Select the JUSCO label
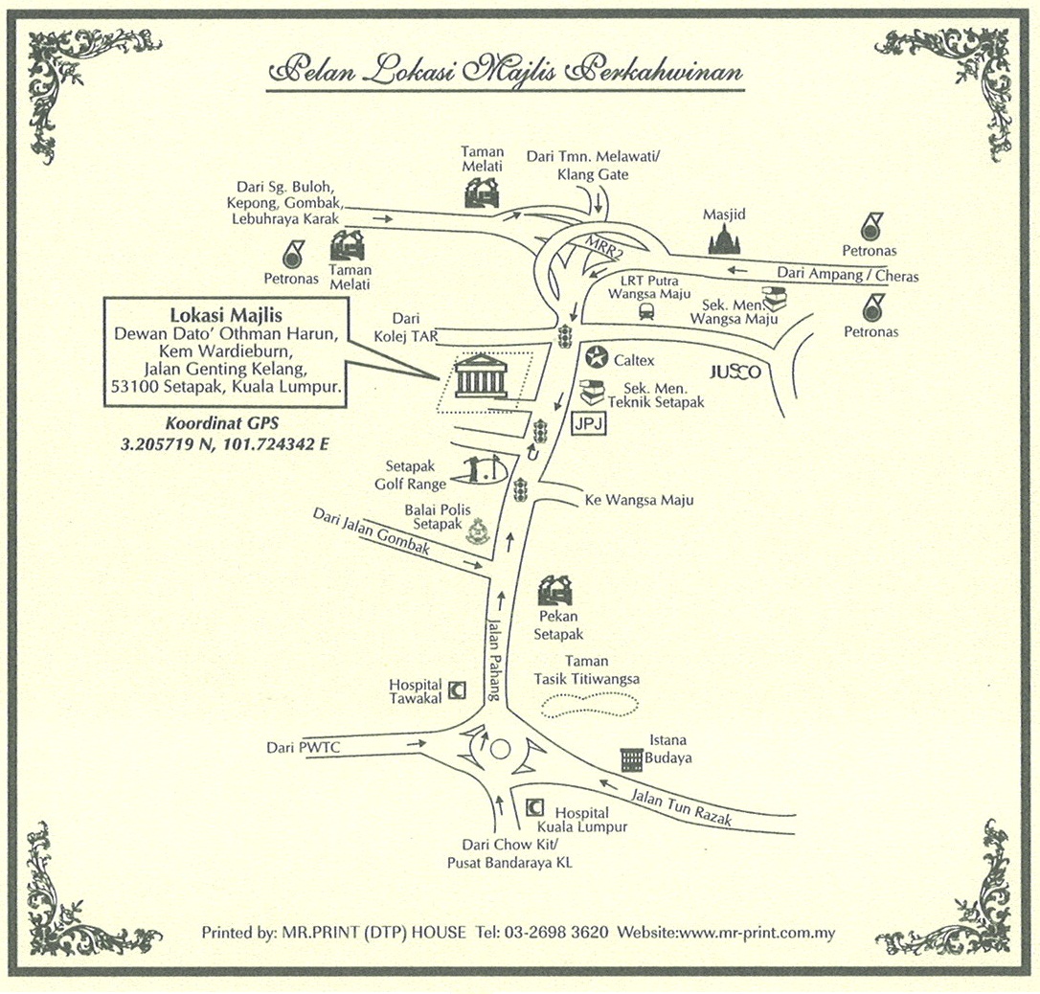tap(735, 372)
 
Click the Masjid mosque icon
tap(724, 239)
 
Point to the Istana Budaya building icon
tap(630, 760)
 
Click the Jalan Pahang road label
tap(494, 662)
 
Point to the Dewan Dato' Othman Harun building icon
tap(482, 378)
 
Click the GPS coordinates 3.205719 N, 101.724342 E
tap(225, 443)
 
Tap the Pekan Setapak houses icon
tap(555, 590)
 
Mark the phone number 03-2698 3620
tap(562, 932)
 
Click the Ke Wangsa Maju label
tap(638, 500)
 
